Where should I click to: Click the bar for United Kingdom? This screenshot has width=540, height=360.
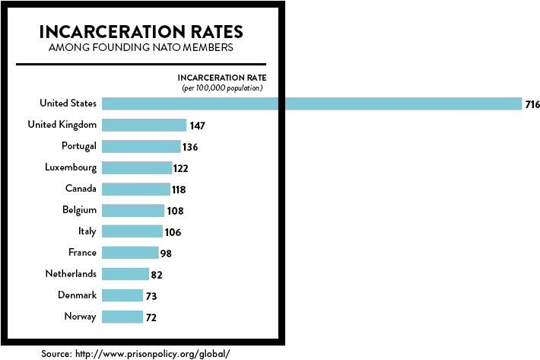[x=144, y=125]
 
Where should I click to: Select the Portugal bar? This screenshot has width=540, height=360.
[x=141, y=146]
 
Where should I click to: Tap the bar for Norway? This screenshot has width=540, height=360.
[x=122, y=317]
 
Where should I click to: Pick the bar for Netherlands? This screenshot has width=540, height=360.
[x=125, y=274]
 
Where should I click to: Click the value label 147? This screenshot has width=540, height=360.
[x=198, y=126]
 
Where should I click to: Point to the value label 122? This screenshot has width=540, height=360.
[x=180, y=168]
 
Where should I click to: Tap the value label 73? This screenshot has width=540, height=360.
[x=151, y=296]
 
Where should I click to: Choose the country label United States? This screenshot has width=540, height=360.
[x=68, y=104]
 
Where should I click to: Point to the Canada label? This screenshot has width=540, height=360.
[x=81, y=189]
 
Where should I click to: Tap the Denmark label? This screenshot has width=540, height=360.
[x=77, y=295]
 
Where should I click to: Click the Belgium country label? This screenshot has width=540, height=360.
[x=79, y=210]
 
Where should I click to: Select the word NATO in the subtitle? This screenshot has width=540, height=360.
[x=176, y=49]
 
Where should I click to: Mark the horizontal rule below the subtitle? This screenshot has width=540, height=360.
[x=141, y=64]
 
